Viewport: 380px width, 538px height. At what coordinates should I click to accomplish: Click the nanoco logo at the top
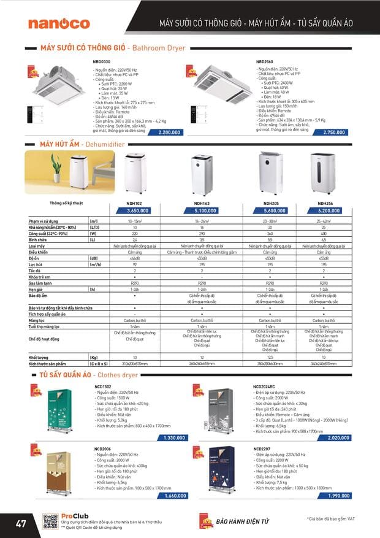59,23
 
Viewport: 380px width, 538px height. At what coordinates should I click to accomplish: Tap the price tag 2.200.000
169,133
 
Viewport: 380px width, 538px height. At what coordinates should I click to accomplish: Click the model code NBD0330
101,62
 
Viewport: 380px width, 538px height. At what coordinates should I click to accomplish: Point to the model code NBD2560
265,62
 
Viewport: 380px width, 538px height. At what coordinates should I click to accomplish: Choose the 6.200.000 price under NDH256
325,210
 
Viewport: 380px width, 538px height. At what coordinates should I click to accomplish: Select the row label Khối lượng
39,356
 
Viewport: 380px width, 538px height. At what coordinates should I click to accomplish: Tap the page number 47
21,523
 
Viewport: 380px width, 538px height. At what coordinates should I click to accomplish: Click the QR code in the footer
51,521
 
